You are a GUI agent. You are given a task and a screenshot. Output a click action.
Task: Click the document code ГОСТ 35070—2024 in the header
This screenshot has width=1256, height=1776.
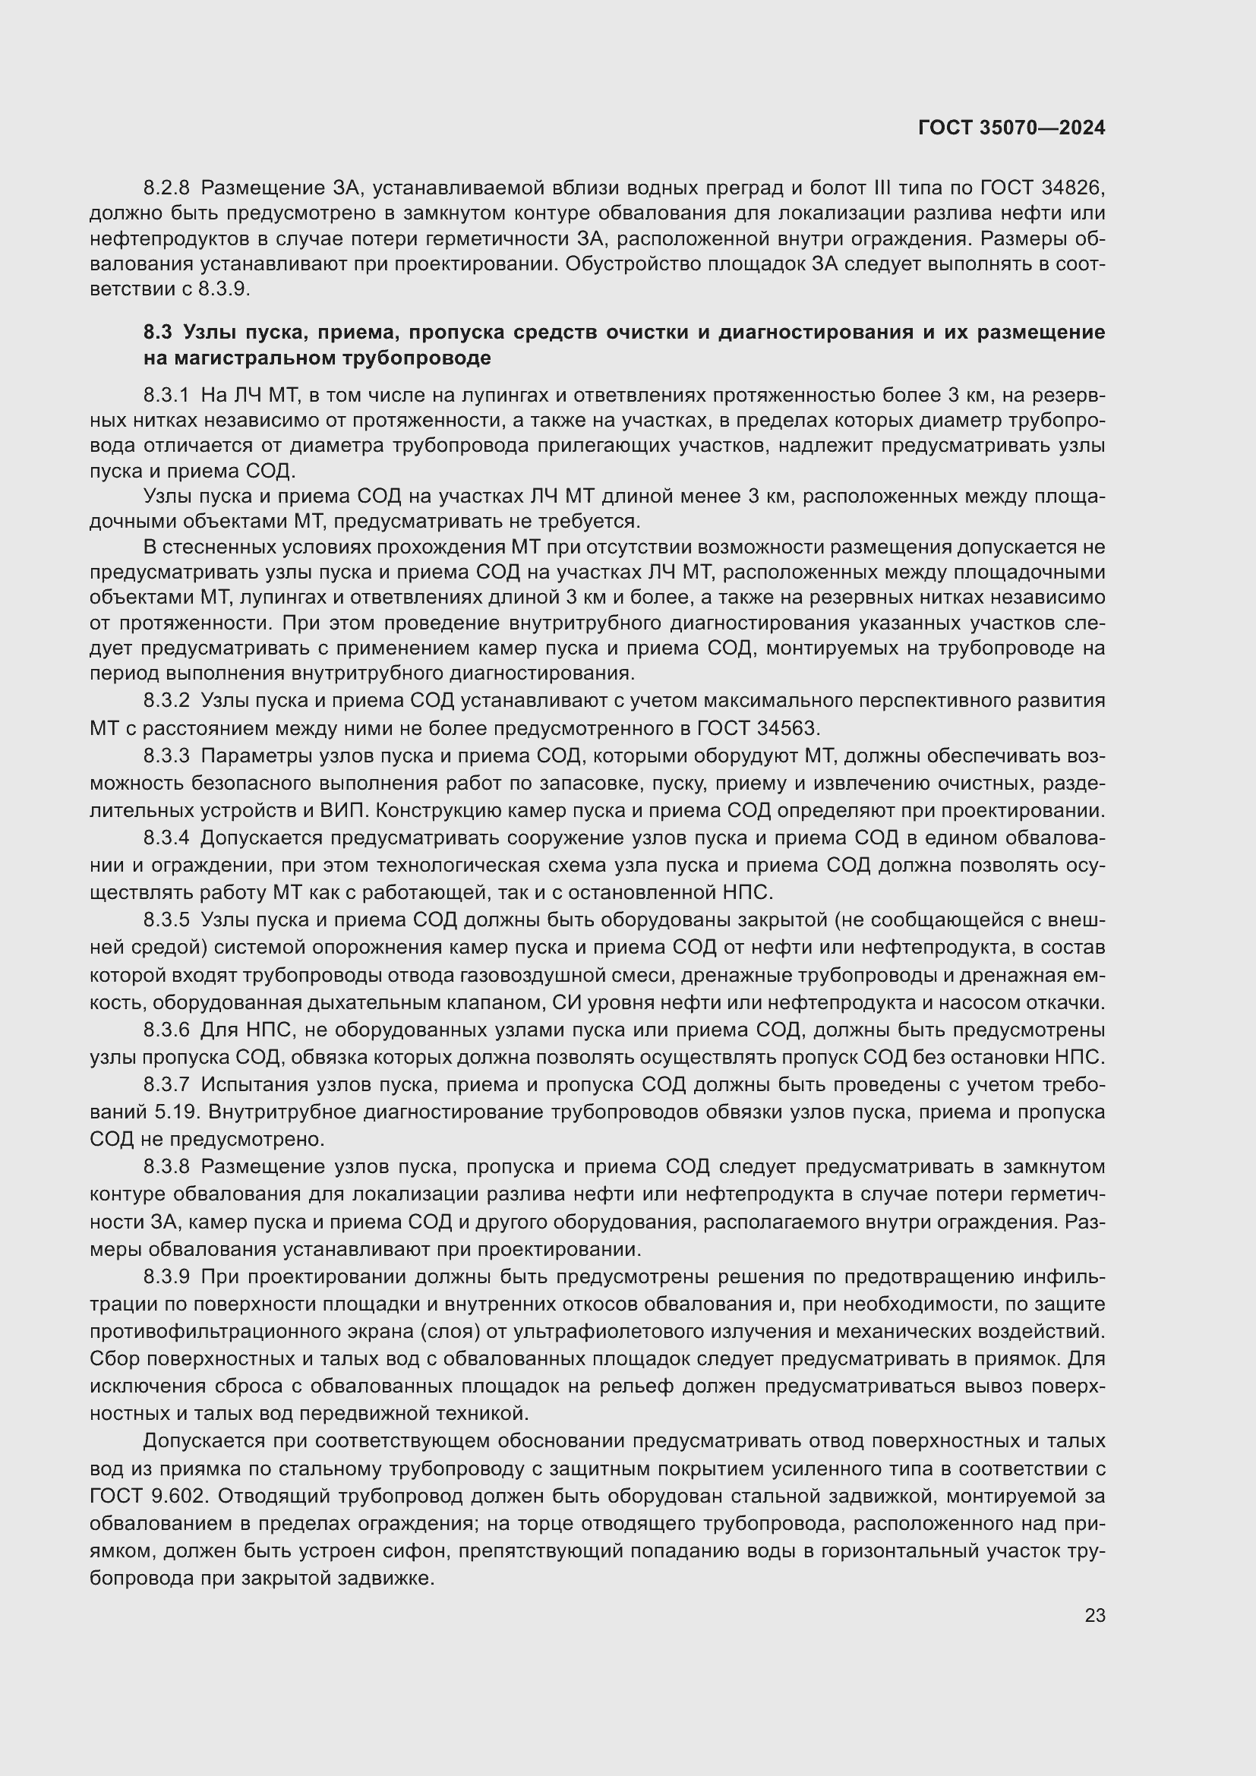1011,128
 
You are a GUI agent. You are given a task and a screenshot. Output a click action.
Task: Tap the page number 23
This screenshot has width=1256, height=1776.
1094,1615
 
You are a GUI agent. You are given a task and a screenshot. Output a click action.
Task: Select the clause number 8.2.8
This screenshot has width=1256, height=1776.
166,188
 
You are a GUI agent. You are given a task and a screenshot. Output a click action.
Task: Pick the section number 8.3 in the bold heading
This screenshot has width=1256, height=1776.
157,333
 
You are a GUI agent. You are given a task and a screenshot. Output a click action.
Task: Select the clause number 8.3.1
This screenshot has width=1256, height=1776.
166,396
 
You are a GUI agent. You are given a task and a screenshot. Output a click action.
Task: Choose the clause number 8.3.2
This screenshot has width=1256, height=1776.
166,701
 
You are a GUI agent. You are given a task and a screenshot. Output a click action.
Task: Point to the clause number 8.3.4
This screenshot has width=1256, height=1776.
166,838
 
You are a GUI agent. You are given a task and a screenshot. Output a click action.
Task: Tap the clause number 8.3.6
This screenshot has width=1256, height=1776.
166,1030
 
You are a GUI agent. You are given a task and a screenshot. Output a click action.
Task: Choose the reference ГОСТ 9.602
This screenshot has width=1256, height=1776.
150,1495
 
